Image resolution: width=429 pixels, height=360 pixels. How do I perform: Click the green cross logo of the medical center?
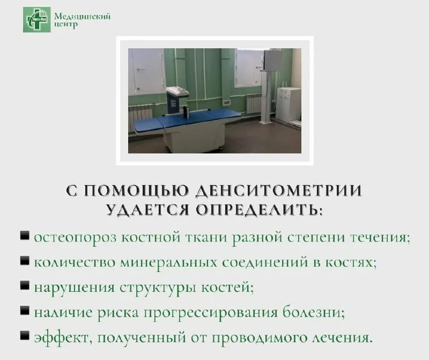(x=36, y=19)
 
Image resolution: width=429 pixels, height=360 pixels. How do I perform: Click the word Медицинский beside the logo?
(x=82, y=16)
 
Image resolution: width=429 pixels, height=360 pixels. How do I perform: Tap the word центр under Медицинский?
(x=66, y=25)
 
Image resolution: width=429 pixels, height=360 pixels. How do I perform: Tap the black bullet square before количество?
(x=25, y=261)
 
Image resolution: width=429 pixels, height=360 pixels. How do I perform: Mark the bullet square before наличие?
(x=25, y=310)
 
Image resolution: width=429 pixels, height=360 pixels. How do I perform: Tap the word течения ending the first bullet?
(x=380, y=237)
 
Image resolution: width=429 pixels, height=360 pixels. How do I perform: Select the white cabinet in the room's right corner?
(x=289, y=104)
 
